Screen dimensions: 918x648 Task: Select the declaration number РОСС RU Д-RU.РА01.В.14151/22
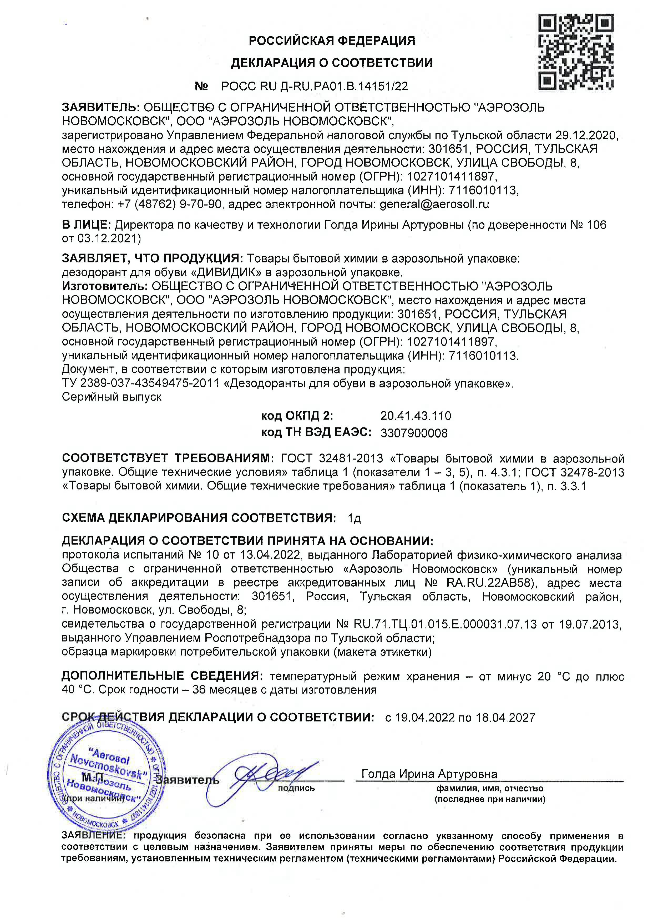coord(315,86)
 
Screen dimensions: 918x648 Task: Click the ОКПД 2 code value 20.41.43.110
coord(416,416)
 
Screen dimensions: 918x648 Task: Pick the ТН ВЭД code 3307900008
coord(414,433)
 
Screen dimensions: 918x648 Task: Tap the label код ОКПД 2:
coord(297,416)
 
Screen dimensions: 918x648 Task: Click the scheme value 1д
coord(354,518)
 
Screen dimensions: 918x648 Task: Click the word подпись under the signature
coord(296,788)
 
